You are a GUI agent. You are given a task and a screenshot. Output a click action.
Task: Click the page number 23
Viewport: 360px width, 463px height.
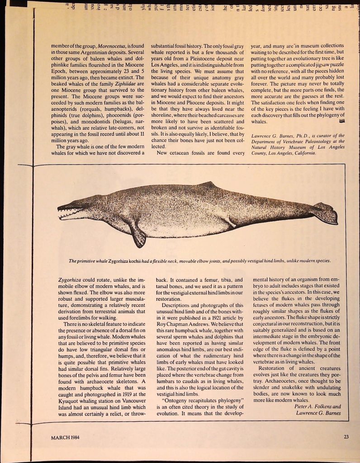point(346,436)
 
